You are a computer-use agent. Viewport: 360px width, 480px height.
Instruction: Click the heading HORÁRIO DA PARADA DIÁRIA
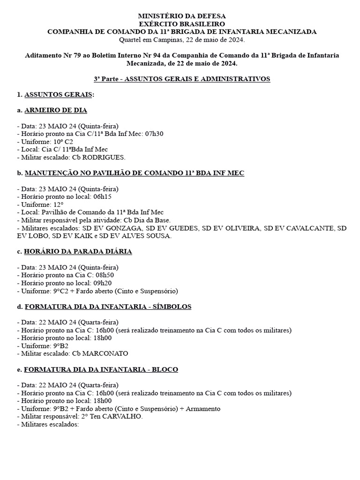(78, 252)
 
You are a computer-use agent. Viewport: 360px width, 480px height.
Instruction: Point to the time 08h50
(105, 276)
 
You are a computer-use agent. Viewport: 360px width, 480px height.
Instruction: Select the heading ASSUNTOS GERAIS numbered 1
(58, 95)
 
